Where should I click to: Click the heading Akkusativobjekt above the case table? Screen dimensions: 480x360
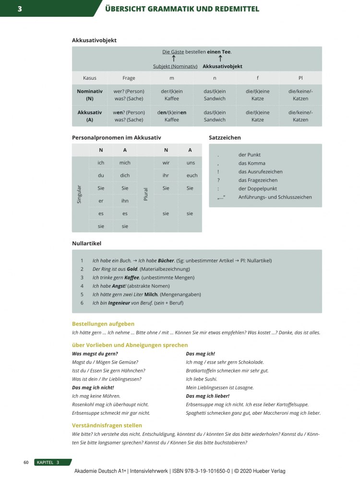(x=94, y=40)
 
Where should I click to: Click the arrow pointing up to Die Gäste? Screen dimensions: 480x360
(x=173, y=59)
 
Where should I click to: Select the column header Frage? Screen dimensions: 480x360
(x=129, y=78)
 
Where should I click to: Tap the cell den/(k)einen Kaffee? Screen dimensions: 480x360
(x=171, y=116)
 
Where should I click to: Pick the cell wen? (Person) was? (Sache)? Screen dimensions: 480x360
(x=129, y=116)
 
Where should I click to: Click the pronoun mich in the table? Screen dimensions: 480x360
(x=125, y=163)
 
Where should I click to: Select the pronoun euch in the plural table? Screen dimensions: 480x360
(x=192, y=175)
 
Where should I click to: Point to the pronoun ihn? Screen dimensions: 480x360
(x=125, y=201)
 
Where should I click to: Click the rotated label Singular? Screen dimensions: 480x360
(x=80, y=194)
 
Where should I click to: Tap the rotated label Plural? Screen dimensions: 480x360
(x=146, y=194)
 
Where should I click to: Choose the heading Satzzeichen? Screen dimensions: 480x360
(x=225, y=138)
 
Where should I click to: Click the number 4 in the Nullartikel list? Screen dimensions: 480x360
(x=82, y=286)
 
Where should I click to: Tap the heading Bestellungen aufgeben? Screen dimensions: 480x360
(x=103, y=324)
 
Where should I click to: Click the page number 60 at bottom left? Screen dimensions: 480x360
(x=26, y=462)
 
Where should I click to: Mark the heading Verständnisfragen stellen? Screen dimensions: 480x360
(x=107, y=425)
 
